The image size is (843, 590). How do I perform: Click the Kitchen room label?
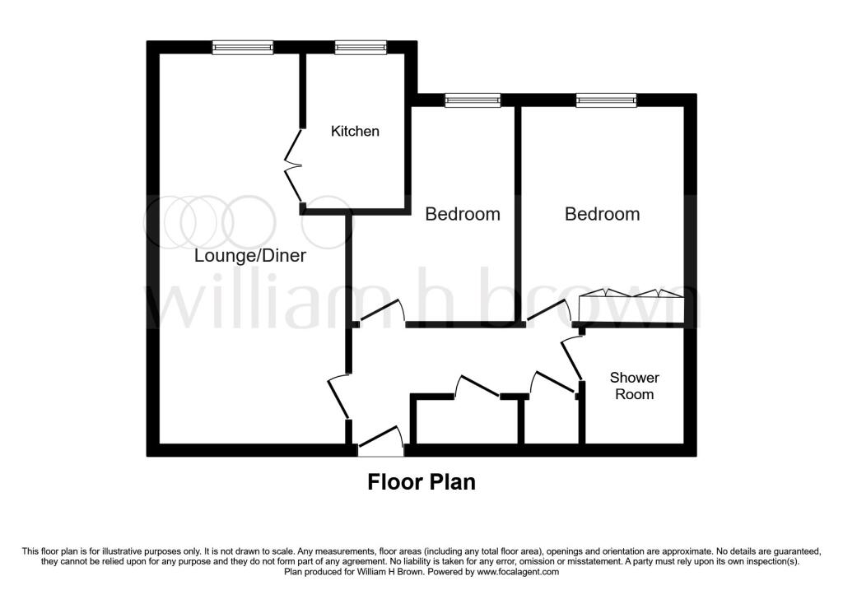pos(355,131)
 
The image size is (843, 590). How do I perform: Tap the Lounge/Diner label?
pos(249,256)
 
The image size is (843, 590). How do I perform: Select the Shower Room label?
pos(634,386)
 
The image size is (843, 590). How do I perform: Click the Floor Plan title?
pos(421,481)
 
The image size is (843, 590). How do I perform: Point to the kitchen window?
pos(361,49)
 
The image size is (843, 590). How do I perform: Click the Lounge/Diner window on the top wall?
pos(242,49)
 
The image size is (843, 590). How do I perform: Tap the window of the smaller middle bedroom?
pos(473,100)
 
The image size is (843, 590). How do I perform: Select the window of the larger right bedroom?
pos(606,100)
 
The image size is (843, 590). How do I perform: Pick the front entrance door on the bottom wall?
pos(381,443)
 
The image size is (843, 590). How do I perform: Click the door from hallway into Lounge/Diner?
pos(338,397)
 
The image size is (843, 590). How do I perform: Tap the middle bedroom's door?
pos(384,314)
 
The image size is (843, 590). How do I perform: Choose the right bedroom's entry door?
pos(551,313)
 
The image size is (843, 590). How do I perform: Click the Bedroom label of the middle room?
pos(462,214)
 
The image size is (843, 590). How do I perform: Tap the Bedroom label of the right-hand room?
pos(602,214)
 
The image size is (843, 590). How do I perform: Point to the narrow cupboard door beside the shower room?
pos(552,383)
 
